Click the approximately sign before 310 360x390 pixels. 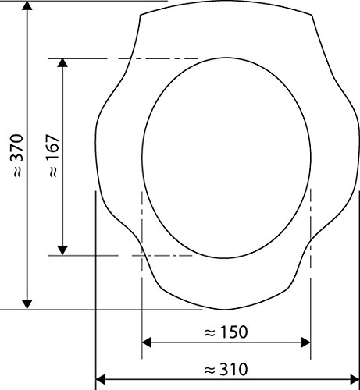tap(209, 367)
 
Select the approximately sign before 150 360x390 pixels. tap(209, 331)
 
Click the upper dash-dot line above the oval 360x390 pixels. tap(125, 58)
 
